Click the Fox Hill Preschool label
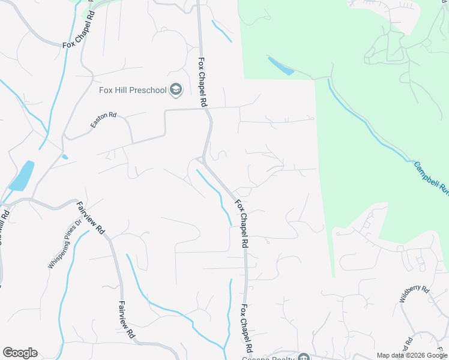click(132, 91)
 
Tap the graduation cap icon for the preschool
click(176, 91)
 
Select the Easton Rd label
click(103, 119)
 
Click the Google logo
click(20, 353)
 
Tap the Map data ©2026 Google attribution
click(412, 355)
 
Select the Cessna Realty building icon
click(304, 358)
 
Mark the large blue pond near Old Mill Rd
click(22, 176)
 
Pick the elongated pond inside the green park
click(280, 65)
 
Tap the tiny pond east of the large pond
click(64, 157)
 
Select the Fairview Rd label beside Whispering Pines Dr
click(91, 218)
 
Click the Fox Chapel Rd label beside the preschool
click(203, 82)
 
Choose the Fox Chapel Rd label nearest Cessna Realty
click(246, 329)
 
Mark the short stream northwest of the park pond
click(221, 31)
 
